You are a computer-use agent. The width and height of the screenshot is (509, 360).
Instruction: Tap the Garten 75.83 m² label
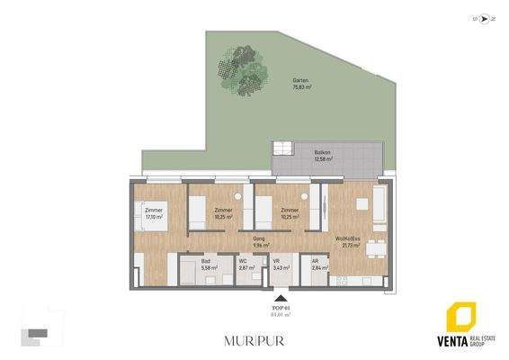(300, 85)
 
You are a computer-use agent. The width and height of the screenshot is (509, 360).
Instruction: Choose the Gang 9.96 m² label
(262, 243)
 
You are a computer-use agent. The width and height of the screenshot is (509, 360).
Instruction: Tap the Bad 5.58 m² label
(206, 265)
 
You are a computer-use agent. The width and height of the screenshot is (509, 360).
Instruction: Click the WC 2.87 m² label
(244, 265)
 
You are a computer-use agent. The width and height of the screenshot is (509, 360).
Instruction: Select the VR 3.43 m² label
(278, 265)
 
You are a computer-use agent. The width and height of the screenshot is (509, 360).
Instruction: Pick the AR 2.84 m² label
(316, 265)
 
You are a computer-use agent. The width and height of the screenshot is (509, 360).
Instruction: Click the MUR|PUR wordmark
(254, 340)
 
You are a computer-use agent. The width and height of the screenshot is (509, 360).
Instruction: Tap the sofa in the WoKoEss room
(380, 205)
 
